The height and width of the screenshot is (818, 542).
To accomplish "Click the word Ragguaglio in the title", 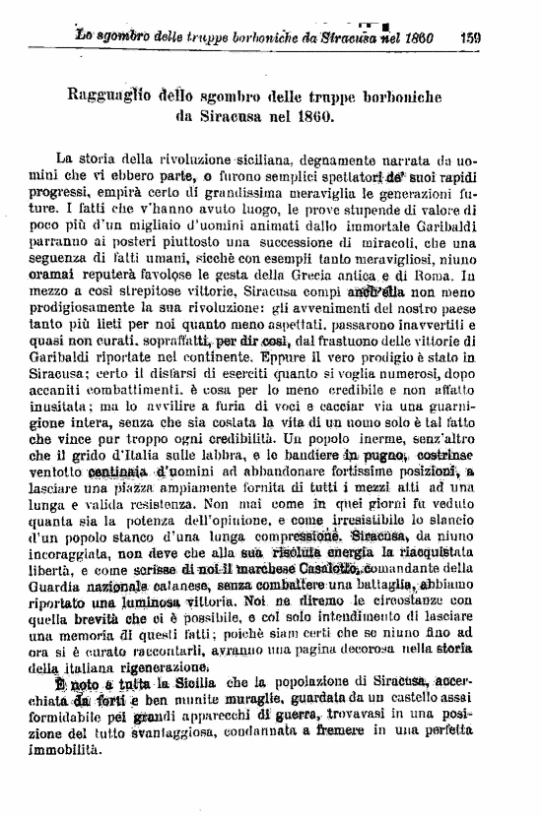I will pos(105,95).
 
